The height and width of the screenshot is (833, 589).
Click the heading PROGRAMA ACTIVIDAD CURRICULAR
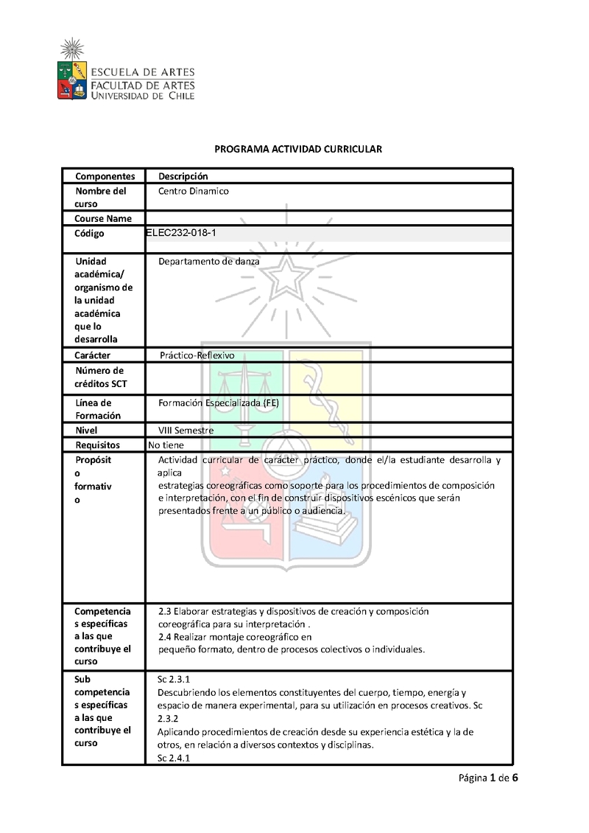[x=298, y=149]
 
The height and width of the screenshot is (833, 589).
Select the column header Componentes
[x=105, y=176]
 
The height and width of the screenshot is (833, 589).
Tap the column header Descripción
[x=183, y=176]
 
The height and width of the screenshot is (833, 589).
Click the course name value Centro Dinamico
[x=194, y=191]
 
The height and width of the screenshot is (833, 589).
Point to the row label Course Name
[x=103, y=218]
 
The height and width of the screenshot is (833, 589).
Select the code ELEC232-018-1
[x=182, y=233]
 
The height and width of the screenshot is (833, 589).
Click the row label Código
[x=90, y=234]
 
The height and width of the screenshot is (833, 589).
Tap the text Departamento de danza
[x=208, y=261]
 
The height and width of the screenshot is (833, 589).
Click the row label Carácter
[x=93, y=355]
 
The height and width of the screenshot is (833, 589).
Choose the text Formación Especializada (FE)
[x=219, y=402]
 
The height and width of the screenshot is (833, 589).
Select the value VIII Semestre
[x=186, y=430]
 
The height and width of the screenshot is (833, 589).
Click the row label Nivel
[x=86, y=430]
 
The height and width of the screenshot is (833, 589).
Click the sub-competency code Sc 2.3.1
[x=174, y=679]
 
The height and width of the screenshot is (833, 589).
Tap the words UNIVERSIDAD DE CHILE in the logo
[x=142, y=95]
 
